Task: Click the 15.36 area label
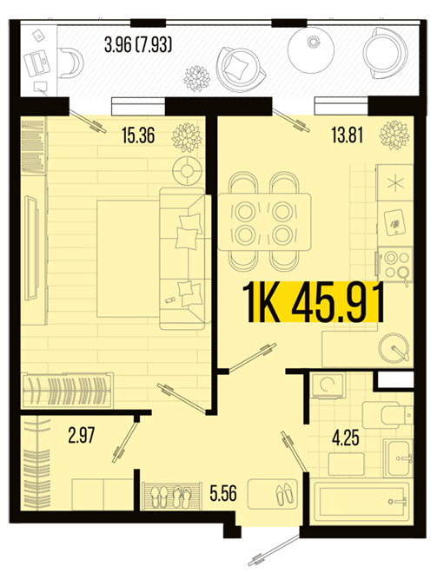[138, 135]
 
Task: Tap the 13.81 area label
[348, 135]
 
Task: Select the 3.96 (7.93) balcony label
[138, 45]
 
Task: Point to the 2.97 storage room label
[81, 435]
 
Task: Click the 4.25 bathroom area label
[345, 438]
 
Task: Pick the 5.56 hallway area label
[223, 493]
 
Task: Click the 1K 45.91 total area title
[314, 302]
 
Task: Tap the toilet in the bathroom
[387, 416]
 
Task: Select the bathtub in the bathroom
[362, 501]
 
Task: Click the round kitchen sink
[394, 347]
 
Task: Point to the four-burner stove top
[395, 264]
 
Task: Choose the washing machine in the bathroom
[328, 385]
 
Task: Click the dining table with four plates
[264, 221]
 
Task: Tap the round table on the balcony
[311, 50]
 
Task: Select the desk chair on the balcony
[71, 63]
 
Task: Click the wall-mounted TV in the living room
[31, 248]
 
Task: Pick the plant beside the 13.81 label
[394, 135]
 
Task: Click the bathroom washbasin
[399, 458]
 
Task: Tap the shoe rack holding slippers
[172, 496]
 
